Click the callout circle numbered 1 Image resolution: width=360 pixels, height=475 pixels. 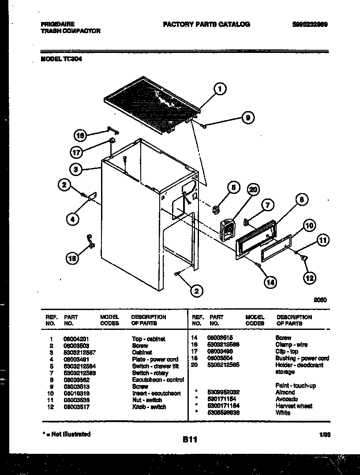click(x=219, y=89)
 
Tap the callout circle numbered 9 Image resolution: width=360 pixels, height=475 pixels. click(x=248, y=118)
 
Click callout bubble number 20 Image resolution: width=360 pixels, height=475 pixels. click(x=252, y=190)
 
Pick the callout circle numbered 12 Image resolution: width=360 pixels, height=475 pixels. click(x=310, y=277)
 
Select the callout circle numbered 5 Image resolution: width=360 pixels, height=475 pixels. click(x=233, y=187)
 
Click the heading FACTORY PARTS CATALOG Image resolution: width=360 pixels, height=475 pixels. click(x=206, y=24)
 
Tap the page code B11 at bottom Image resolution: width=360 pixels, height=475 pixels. click(x=190, y=440)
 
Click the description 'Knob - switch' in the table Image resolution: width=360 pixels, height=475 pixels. click(x=149, y=407)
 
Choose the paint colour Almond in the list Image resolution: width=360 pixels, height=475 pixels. click(x=285, y=392)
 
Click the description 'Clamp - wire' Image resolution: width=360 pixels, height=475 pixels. click(x=292, y=344)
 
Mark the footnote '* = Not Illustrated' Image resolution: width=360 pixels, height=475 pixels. click(x=66, y=434)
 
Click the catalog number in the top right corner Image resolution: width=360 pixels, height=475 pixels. click(x=310, y=25)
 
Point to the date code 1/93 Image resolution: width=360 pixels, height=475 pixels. click(x=325, y=434)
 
